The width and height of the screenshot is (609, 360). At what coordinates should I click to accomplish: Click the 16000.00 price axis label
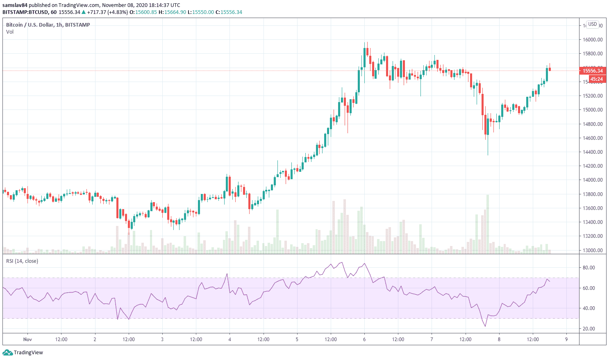tap(593, 40)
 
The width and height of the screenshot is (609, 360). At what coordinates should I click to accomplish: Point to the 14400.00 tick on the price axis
tap(593, 152)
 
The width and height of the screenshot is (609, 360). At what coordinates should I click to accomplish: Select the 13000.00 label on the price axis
tap(593, 250)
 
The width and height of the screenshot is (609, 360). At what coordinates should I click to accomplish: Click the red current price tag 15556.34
tap(593, 71)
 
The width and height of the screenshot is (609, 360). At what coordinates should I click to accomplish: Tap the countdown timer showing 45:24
tap(596, 79)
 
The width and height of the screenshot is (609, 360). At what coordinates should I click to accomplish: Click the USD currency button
tap(593, 24)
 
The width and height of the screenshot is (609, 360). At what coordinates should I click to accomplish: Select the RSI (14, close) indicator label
tap(22, 261)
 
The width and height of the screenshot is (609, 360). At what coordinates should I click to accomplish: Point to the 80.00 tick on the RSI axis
tap(589, 268)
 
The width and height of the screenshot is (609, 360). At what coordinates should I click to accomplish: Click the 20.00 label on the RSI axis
tap(589, 329)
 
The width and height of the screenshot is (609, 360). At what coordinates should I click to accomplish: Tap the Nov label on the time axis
tap(27, 339)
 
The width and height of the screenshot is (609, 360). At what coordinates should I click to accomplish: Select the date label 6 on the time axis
tap(364, 339)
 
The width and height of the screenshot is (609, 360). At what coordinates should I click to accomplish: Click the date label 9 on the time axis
tap(566, 339)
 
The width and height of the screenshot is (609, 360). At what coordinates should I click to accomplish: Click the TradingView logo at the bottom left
tap(23, 353)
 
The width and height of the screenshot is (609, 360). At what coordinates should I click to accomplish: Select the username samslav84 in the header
tap(16, 5)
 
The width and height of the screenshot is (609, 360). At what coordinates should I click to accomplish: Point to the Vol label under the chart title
tap(10, 32)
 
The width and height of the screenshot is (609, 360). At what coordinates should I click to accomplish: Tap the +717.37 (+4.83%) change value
tap(107, 12)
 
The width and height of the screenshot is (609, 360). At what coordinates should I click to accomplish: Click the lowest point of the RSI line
tap(486, 326)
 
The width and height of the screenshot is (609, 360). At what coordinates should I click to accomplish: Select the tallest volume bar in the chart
tap(488, 223)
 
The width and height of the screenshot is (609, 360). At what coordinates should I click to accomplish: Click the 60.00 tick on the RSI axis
tap(589, 288)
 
